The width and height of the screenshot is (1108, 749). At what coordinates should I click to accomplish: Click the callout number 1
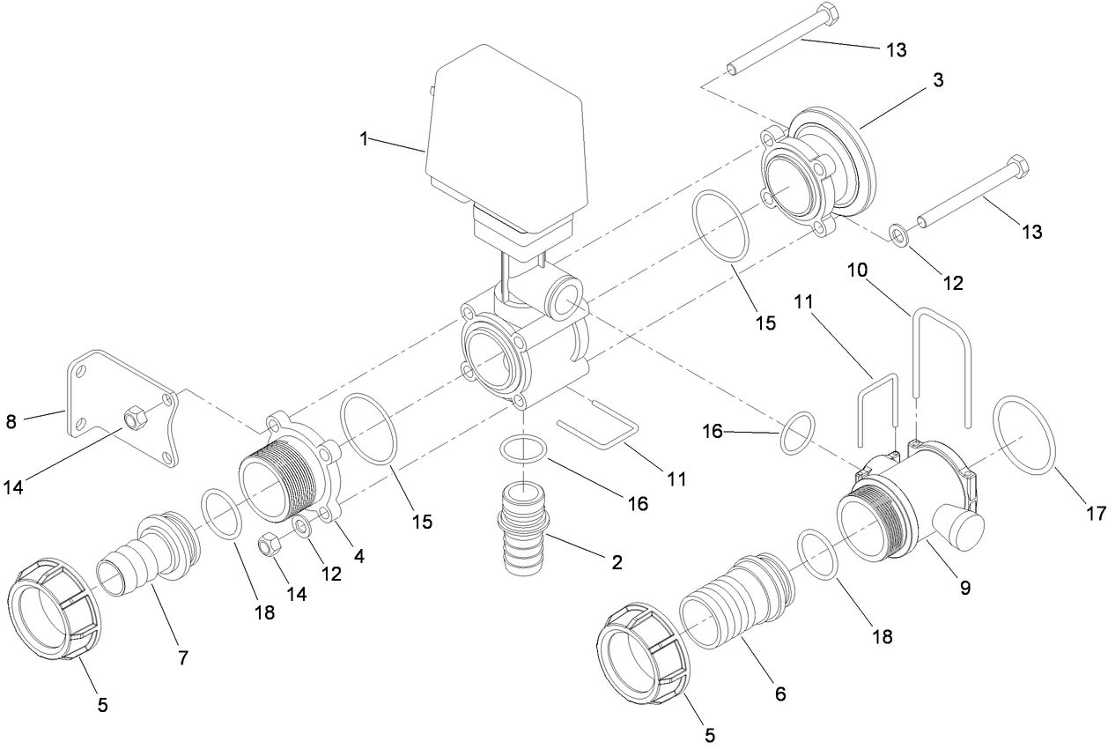(362, 138)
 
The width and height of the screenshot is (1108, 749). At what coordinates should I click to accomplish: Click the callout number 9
(965, 588)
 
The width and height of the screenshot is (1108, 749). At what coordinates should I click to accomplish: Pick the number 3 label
(938, 80)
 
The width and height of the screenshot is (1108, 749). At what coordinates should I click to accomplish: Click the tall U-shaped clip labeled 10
(941, 361)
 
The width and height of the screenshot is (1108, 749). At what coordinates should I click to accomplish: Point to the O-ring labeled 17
(1024, 435)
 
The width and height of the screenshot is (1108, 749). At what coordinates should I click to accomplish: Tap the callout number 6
(779, 694)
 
